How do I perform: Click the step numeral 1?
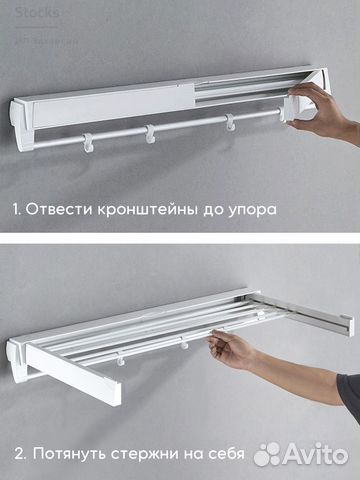pyautogui.click(x=16, y=212)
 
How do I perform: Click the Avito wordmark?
pyautogui.click(x=314, y=454)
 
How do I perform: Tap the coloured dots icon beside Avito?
pyautogui.click(x=268, y=455)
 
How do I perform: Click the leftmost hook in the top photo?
pyautogui.click(x=88, y=138)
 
